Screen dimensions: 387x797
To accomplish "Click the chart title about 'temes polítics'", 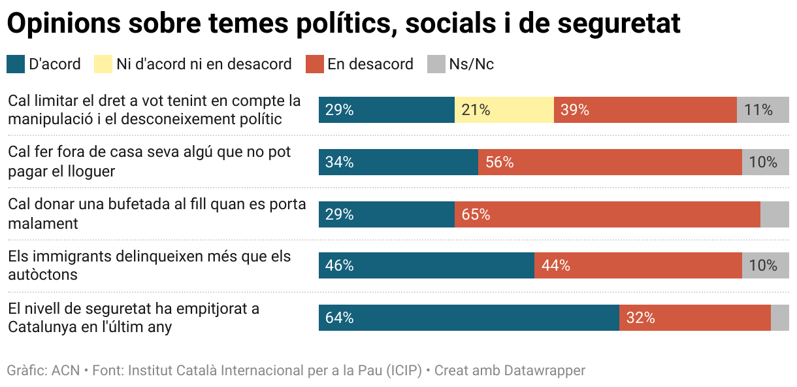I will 343,24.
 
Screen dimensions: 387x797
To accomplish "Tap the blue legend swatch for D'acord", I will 16,64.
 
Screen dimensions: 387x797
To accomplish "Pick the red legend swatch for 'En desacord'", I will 315,64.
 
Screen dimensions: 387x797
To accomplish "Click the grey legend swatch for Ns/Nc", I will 436,64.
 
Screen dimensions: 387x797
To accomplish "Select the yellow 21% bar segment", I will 504,110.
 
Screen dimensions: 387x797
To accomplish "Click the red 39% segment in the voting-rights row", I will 645,110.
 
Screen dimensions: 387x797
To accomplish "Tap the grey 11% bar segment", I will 762,110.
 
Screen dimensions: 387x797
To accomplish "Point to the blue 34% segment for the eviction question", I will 398,162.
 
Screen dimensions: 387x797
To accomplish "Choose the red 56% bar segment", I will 610,162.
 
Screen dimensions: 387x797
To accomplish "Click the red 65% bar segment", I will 607,214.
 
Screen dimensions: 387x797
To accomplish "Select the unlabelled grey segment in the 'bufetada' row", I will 774,214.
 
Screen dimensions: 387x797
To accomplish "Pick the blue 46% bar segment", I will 426,265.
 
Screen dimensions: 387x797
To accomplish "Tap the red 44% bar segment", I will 638,265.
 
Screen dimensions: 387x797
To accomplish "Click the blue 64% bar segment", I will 468,318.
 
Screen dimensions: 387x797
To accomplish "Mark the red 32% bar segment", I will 694,318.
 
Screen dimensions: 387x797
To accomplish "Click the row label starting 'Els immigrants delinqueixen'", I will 149,265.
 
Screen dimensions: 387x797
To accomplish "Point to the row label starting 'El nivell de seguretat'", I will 133,318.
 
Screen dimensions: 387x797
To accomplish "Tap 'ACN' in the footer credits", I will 65,371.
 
